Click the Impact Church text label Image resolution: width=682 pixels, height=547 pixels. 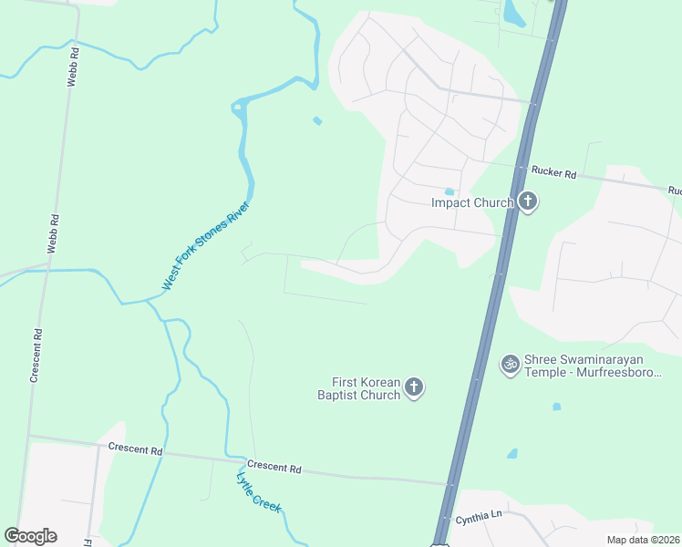pos(472,202)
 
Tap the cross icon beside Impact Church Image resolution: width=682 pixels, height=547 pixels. pos(527,201)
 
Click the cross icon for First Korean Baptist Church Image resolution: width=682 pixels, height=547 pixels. pos(414,388)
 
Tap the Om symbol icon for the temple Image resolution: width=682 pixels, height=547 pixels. pos(511,364)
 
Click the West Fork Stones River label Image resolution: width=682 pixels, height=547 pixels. pos(205,246)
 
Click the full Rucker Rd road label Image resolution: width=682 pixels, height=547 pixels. pos(553,171)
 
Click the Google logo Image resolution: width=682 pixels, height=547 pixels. pos(30,536)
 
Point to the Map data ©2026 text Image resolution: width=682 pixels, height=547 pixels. pos(643,540)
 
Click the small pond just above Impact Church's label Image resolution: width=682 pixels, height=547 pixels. pos(449,191)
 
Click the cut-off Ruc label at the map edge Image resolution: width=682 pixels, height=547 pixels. pos(674,191)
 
